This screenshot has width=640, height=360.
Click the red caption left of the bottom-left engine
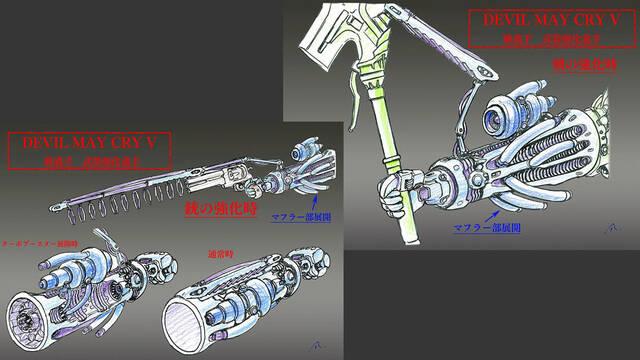43,243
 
